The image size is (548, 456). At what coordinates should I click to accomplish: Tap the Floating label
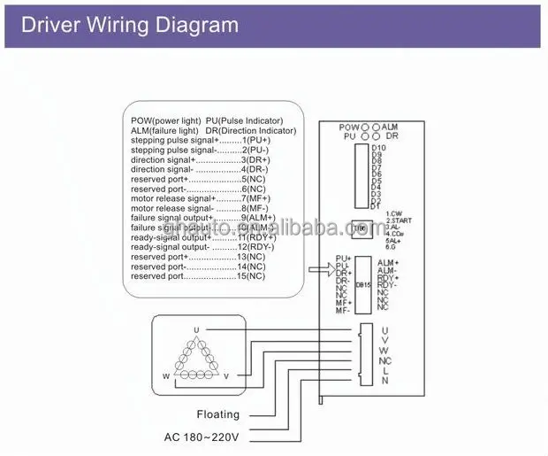(217, 413)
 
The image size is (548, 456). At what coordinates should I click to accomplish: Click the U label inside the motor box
(196, 330)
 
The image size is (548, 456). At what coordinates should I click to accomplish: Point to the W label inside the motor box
(165, 375)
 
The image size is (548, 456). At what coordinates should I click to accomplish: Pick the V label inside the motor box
(226, 375)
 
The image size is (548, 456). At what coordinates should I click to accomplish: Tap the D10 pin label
(377, 148)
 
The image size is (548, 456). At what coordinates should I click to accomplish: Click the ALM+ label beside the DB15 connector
(388, 263)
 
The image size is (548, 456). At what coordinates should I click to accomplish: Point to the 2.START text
(399, 220)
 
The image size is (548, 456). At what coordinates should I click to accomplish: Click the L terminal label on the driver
(384, 371)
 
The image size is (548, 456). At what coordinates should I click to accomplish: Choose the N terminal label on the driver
(384, 382)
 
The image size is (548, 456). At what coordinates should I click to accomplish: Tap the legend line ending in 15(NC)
(197, 277)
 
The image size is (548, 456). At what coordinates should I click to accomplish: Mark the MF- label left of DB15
(342, 310)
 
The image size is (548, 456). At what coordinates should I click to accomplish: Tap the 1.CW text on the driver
(394, 213)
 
